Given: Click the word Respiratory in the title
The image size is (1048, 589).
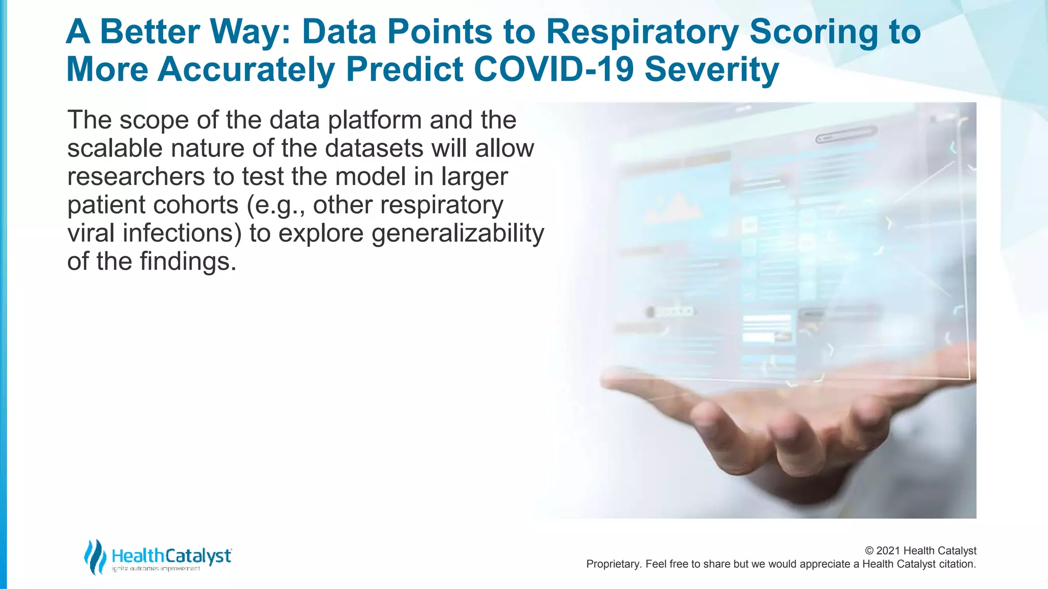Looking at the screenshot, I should [642, 32].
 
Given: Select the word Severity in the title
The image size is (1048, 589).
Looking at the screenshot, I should [711, 69].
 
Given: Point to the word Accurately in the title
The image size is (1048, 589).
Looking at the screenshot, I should [246, 69].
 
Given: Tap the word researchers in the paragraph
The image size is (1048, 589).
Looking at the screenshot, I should [136, 177].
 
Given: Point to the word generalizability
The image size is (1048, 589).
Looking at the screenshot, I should [457, 234].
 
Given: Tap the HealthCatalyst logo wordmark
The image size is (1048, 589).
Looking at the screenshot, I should [171, 556].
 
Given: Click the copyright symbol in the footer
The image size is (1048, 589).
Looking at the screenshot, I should [869, 551].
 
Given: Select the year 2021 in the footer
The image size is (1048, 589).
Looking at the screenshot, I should [888, 551].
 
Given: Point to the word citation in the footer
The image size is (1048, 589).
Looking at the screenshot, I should [957, 564].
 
